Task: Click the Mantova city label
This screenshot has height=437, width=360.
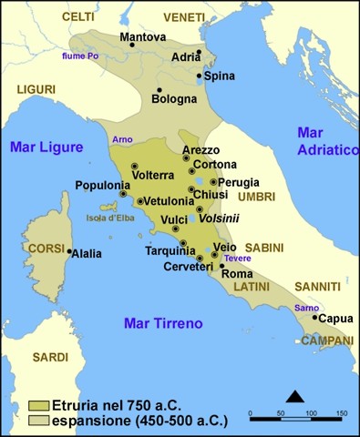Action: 143,37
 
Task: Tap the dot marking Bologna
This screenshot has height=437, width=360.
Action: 159,89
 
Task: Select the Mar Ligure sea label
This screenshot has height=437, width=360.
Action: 44,147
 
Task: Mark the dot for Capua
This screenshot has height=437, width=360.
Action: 315,318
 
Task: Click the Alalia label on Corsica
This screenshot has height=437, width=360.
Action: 87,253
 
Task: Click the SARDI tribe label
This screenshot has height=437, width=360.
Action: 50,358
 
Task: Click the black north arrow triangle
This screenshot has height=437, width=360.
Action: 294,395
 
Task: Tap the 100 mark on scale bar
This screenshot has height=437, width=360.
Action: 312,414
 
